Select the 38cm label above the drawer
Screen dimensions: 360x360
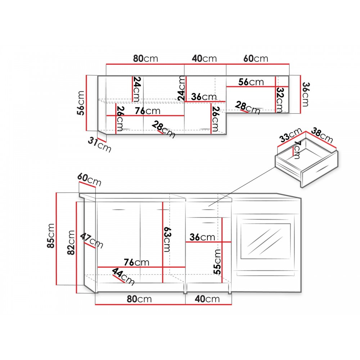point(322,135)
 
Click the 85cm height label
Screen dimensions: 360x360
point(51,236)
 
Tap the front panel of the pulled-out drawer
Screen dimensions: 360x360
point(320,169)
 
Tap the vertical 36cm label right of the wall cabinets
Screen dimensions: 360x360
point(305,94)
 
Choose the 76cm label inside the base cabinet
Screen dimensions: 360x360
point(136,262)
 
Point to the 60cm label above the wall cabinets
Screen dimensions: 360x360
point(256,58)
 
